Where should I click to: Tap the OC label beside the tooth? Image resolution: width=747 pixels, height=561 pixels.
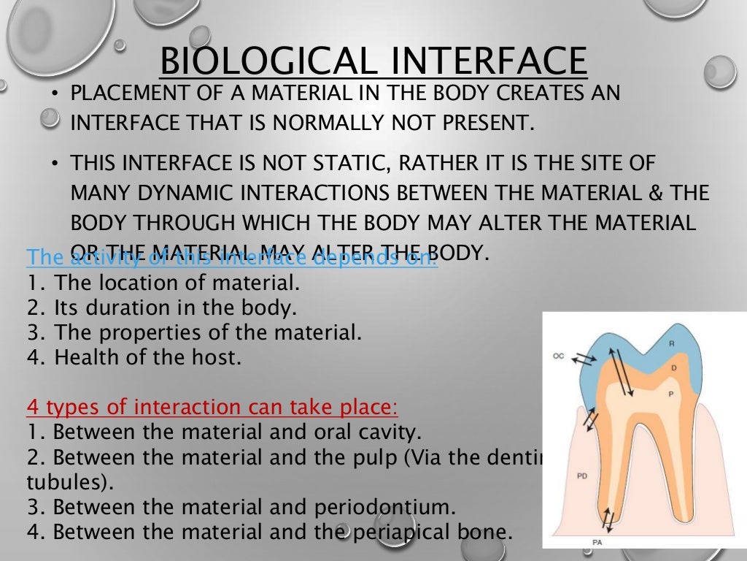[x=559, y=356]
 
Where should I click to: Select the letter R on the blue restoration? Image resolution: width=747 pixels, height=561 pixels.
[x=673, y=343]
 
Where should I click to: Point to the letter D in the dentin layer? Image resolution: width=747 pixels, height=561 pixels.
[x=674, y=367]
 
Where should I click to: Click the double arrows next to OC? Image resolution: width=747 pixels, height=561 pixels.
[x=582, y=357]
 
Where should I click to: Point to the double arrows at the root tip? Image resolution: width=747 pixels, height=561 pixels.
[x=607, y=520]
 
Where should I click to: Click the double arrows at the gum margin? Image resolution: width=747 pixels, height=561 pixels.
[x=591, y=421]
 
